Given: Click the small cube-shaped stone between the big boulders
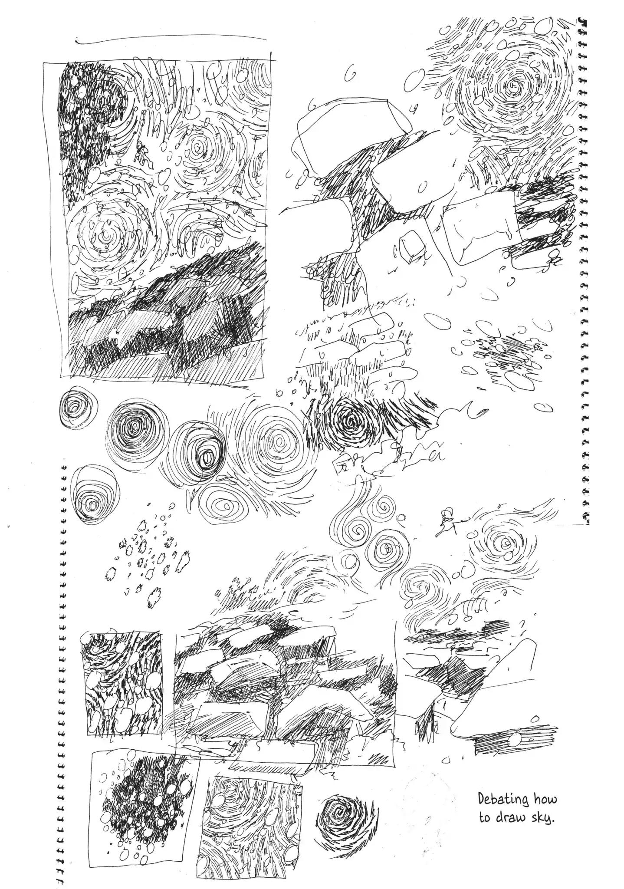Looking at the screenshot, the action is pos(409,246).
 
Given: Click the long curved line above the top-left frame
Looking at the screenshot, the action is pos(171,40).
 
